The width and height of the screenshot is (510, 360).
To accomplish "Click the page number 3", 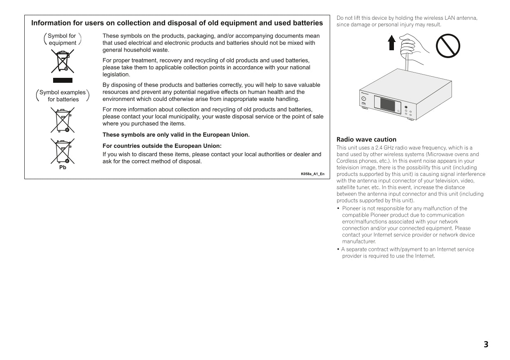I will click(486, 344).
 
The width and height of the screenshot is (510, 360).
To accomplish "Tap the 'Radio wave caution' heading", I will click(366, 139).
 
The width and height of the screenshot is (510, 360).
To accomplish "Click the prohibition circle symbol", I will click(448, 46).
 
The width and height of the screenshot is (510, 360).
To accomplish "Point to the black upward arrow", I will click(392, 42).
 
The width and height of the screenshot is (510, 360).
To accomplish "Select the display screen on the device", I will click(388, 104).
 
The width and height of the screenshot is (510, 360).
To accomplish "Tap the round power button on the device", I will click(364, 99).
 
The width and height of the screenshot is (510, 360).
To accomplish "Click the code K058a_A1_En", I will click(312, 174).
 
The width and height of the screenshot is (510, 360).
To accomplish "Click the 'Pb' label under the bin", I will click(63, 167).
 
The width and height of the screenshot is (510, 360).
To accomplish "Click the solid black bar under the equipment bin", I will click(63, 80).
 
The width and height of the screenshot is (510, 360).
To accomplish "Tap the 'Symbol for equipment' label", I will click(62, 39).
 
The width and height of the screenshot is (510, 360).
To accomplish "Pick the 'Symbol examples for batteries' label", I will click(63, 96).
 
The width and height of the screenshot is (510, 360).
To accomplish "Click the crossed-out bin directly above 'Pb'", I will click(63, 151).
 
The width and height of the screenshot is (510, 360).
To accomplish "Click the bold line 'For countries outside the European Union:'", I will click(162, 146).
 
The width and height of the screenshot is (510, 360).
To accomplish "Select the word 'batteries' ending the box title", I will click(307, 23).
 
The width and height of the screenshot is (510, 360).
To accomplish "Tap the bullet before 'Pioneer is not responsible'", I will click(338, 208).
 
